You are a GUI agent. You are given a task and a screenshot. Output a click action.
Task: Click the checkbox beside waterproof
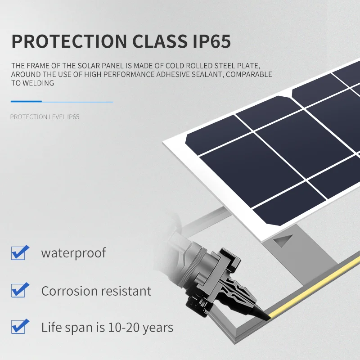pyautogui.click(x=19, y=253)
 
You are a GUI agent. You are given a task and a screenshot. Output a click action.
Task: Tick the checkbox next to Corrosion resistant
pyautogui.click(x=19, y=290)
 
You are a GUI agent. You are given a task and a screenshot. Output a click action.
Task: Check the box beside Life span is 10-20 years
pyautogui.click(x=19, y=327)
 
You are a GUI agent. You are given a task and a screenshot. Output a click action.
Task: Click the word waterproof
pyautogui.click(x=73, y=253)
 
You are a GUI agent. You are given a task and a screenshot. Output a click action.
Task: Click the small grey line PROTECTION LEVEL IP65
pyautogui.click(x=45, y=117)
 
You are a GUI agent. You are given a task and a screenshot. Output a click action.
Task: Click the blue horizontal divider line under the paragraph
pyautogui.click(x=62, y=102)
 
